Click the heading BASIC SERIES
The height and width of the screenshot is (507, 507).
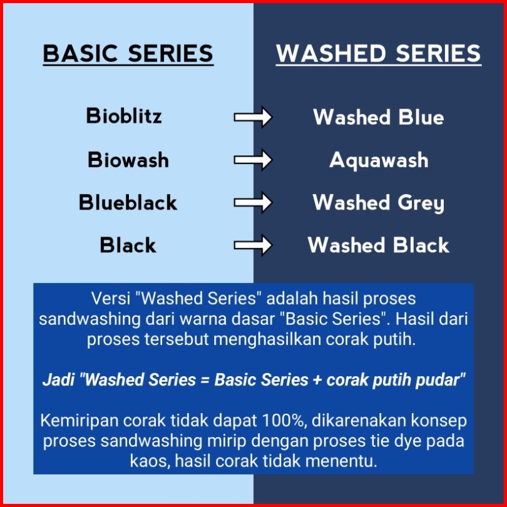(128, 54)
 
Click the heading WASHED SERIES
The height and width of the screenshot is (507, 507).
(378, 54)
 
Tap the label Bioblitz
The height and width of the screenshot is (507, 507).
(124, 116)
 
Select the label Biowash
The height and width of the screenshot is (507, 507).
(128, 160)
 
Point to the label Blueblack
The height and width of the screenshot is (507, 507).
(128, 202)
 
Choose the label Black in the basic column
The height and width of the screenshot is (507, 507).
(128, 245)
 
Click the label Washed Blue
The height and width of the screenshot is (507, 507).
(378, 116)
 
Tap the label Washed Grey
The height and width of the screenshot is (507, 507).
(378, 203)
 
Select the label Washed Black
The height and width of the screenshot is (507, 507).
(378, 245)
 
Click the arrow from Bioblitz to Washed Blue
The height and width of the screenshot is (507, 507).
(253, 117)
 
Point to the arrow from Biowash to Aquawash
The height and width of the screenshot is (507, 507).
(253, 160)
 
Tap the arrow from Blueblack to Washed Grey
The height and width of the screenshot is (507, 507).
(253, 202)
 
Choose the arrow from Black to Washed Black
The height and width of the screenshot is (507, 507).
(253, 245)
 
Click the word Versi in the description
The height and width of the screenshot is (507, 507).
(111, 299)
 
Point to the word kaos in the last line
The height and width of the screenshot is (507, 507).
(150, 461)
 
